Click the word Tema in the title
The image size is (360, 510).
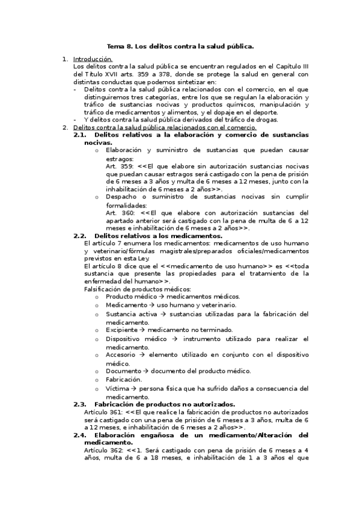coord(114,46)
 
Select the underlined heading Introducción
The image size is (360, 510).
coord(93,60)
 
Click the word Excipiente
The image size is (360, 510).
coord(121,330)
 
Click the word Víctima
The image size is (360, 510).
coord(117,389)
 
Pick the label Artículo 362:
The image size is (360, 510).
coord(104,450)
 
